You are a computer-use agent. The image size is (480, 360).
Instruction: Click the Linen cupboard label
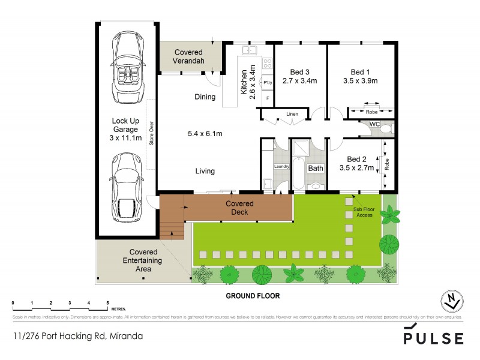point(292,113)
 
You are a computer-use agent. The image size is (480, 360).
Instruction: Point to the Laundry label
point(281,166)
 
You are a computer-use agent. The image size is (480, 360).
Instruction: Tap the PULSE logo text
point(434,338)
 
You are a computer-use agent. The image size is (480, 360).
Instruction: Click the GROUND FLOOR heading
point(253,296)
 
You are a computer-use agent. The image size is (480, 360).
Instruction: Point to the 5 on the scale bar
point(107,302)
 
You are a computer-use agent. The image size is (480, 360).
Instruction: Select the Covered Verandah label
point(190,56)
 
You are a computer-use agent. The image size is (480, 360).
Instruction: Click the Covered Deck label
point(239,208)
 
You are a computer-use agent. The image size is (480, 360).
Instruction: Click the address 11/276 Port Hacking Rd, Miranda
point(77,336)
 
